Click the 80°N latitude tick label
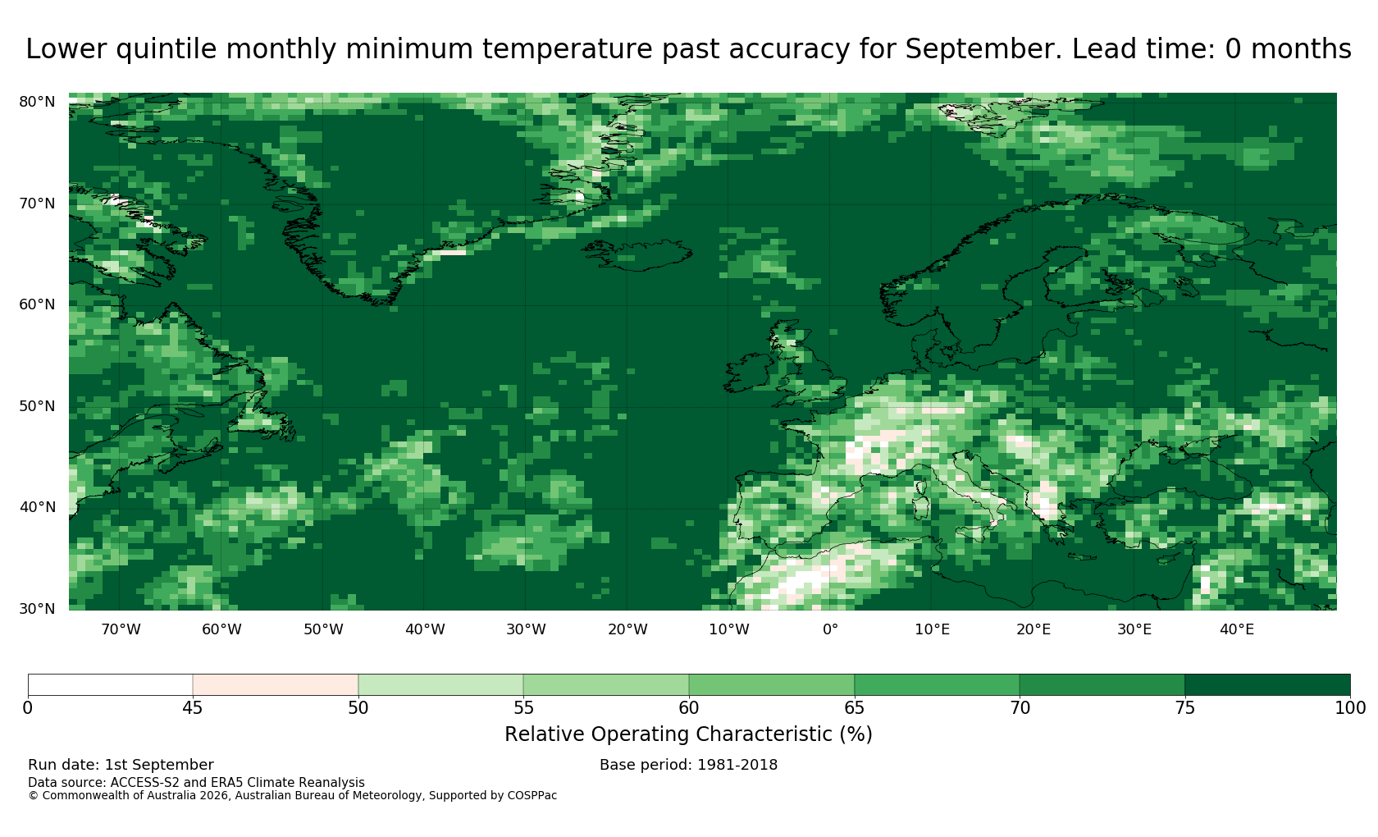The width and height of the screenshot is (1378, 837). [37, 102]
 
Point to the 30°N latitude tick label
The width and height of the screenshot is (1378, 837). [37, 609]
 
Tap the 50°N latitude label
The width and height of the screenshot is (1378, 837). [37, 406]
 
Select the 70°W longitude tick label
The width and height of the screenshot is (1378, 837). [121, 629]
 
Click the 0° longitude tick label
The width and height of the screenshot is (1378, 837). [830, 629]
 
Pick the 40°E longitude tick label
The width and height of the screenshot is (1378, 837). [1237, 629]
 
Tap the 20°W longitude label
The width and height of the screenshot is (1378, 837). [627, 629]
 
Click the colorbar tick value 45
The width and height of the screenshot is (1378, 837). [193, 708]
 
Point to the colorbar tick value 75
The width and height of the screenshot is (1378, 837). [1184, 708]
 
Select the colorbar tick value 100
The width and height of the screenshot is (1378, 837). [1350, 708]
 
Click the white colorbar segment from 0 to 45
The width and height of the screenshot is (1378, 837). [110, 685]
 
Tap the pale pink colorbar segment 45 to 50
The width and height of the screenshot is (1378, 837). [276, 685]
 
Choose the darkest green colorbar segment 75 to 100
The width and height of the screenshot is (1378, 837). [1267, 685]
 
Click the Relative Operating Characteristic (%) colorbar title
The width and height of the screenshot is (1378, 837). [688, 734]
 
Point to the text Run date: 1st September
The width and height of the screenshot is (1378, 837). [121, 765]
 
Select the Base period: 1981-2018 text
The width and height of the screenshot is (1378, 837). [688, 765]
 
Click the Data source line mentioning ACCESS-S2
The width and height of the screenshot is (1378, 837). [196, 783]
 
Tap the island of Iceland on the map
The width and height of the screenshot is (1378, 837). [637, 254]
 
